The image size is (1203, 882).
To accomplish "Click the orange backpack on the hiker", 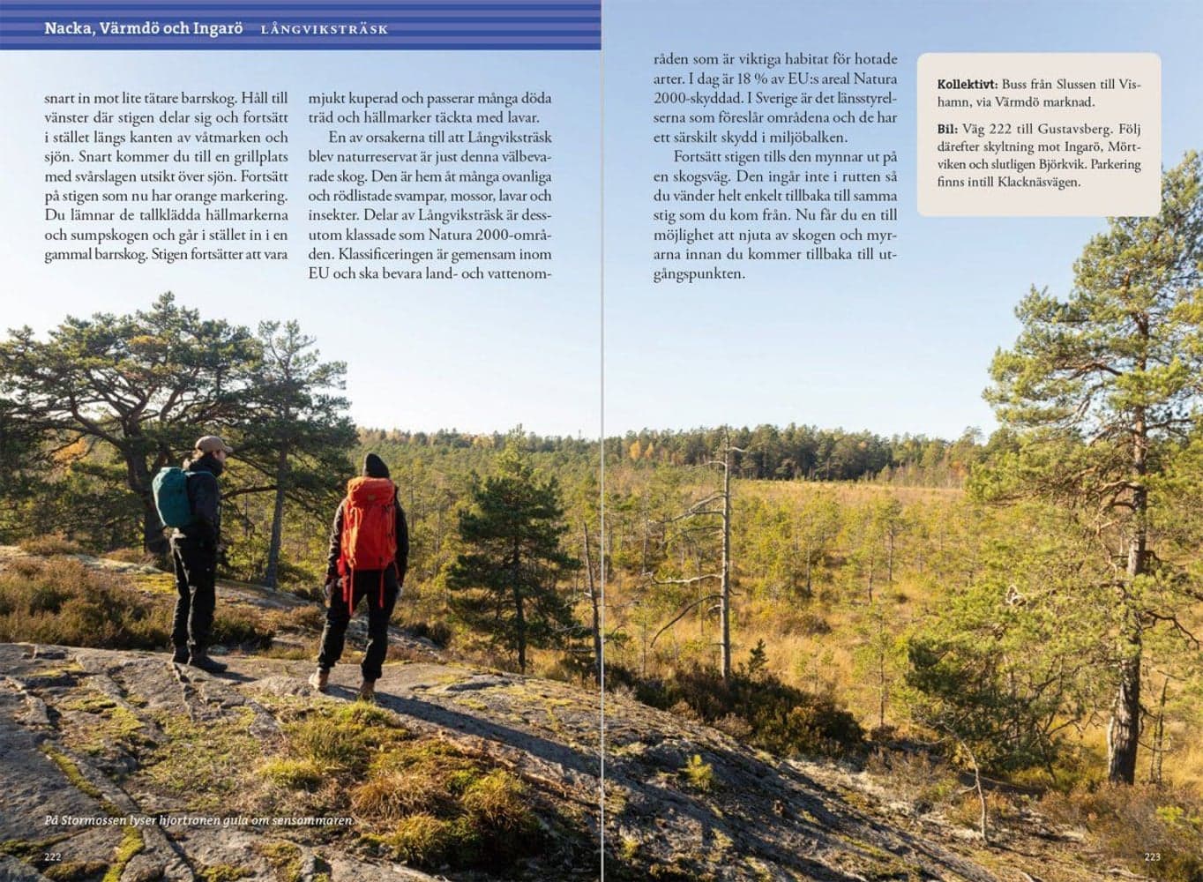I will tap(367, 525).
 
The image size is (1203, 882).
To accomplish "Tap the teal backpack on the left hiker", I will tap(173, 497).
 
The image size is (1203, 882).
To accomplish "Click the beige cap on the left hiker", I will tap(213, 444).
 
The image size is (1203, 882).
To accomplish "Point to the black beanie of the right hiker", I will tap(375, 465).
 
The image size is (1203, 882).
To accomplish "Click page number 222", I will tap(54, 856).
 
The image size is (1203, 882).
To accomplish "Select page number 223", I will tap(1152, 856).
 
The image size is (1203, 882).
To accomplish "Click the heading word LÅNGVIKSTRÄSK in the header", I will tap(324, 30).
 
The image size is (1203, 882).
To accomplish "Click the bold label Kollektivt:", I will tap(968, 85).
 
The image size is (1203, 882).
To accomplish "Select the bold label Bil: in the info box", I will tap(947, 129).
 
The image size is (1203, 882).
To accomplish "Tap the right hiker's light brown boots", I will tap(340, 682).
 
